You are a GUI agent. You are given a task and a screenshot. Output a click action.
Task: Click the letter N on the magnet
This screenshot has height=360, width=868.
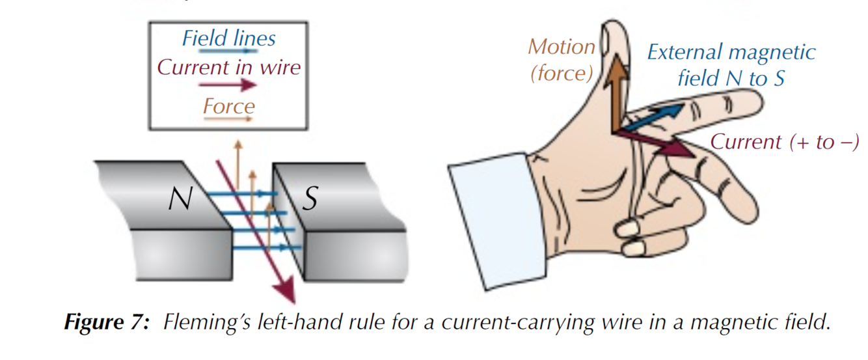tap(180, 199)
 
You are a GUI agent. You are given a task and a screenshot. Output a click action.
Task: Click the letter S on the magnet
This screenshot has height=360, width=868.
tap(310, 199)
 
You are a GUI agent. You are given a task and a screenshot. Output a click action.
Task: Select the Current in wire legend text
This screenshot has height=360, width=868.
tap(229, 67)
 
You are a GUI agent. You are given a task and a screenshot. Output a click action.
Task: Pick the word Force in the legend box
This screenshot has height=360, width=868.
tap(228, 105)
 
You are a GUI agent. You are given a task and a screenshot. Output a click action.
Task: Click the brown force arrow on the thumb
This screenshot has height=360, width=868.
tap(614, 91)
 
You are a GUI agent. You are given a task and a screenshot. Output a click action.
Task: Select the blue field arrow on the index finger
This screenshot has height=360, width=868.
tap(657, 114)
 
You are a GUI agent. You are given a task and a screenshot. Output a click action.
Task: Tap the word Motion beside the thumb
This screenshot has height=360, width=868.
tap(562, 47)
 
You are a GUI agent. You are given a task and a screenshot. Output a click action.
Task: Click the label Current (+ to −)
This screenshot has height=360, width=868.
tap(784, 142)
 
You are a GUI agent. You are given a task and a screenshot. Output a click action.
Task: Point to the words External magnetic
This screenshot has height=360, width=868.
tap(731, 52)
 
